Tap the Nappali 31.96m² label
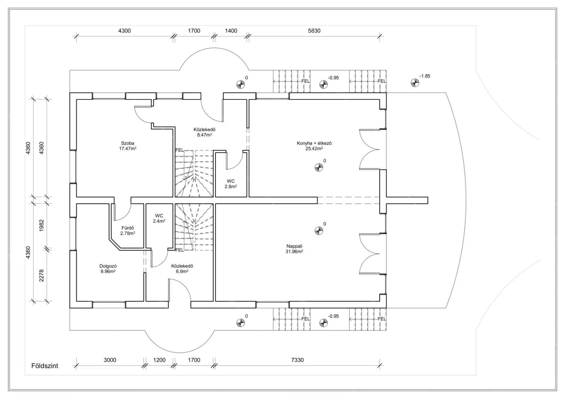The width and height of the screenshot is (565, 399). coord(294,249)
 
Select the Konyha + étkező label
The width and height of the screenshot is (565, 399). coord(314,146)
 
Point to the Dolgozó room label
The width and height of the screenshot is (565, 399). coord(108,269)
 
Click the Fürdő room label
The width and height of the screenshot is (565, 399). coord(127,230)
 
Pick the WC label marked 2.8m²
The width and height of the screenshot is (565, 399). coord(231,183)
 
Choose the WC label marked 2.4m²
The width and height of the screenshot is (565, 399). coord(159,218)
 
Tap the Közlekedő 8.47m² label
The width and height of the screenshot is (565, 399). coord(204,132)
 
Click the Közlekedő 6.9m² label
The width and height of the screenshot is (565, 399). coord(182,268)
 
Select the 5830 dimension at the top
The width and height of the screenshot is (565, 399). coord(314,31)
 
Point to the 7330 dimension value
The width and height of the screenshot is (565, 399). coord(297,360)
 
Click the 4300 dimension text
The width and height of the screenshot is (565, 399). coord(124,31)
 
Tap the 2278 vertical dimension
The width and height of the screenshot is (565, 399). coord(41,275)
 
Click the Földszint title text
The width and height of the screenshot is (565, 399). coord(45,366)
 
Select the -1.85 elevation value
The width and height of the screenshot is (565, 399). coord(424,76)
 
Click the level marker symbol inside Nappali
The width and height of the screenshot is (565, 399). coord(319,231)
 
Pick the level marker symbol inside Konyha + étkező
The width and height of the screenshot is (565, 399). coord(319,168)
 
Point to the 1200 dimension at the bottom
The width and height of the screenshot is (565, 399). coord(159,360)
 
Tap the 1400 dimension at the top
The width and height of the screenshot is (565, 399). coord(231,31)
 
